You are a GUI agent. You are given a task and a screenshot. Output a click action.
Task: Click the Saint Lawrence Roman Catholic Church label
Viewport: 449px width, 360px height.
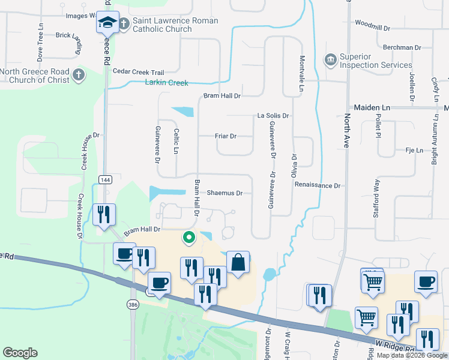(x=175, y=25)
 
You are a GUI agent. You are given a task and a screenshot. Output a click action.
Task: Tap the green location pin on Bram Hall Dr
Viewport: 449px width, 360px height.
(x=189, y=238)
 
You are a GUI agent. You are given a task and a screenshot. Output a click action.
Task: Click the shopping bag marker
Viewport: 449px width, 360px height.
(x=238, y=262)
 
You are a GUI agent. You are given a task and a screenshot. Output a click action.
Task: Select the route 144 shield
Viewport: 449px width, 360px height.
(x=105, y=179)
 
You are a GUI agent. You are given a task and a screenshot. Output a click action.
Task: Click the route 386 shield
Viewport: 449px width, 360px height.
(x=133, y=305)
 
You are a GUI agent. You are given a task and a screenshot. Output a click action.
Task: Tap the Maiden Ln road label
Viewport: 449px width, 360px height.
(x=372, y=107)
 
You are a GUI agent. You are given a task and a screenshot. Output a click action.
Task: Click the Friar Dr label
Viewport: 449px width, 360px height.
(x=225, y=136)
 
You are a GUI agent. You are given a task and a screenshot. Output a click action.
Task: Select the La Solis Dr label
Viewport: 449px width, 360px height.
(x=273, y=115)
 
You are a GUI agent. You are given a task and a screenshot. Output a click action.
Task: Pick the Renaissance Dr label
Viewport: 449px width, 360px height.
(x=317, y=186)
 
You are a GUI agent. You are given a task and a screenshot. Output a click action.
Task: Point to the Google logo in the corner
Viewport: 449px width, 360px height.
(x=20, y=353)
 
